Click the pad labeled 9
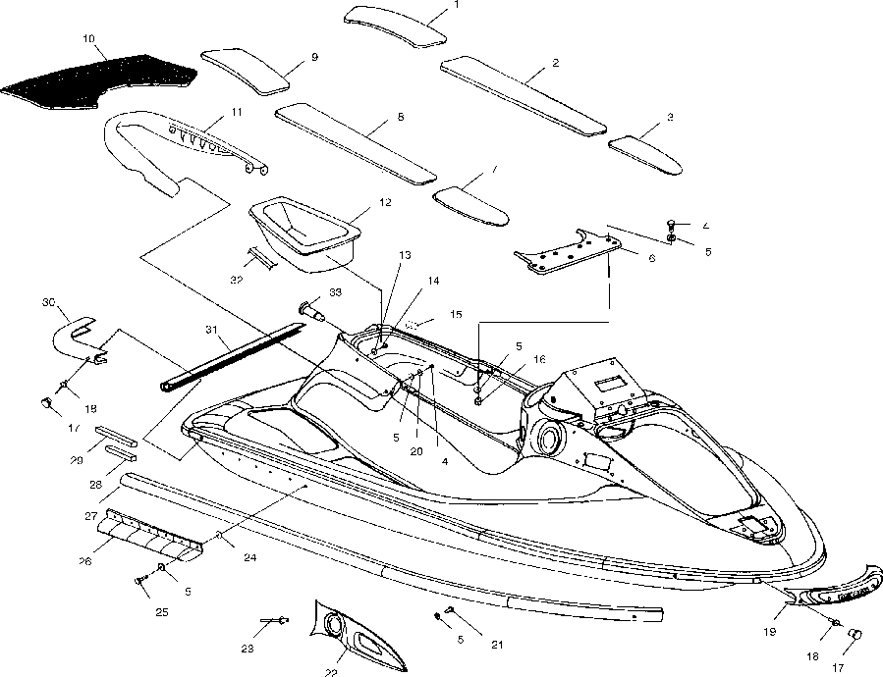point(250,70)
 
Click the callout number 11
point(237,113)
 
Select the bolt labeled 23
point(274,620)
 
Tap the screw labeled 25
point(140,582)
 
